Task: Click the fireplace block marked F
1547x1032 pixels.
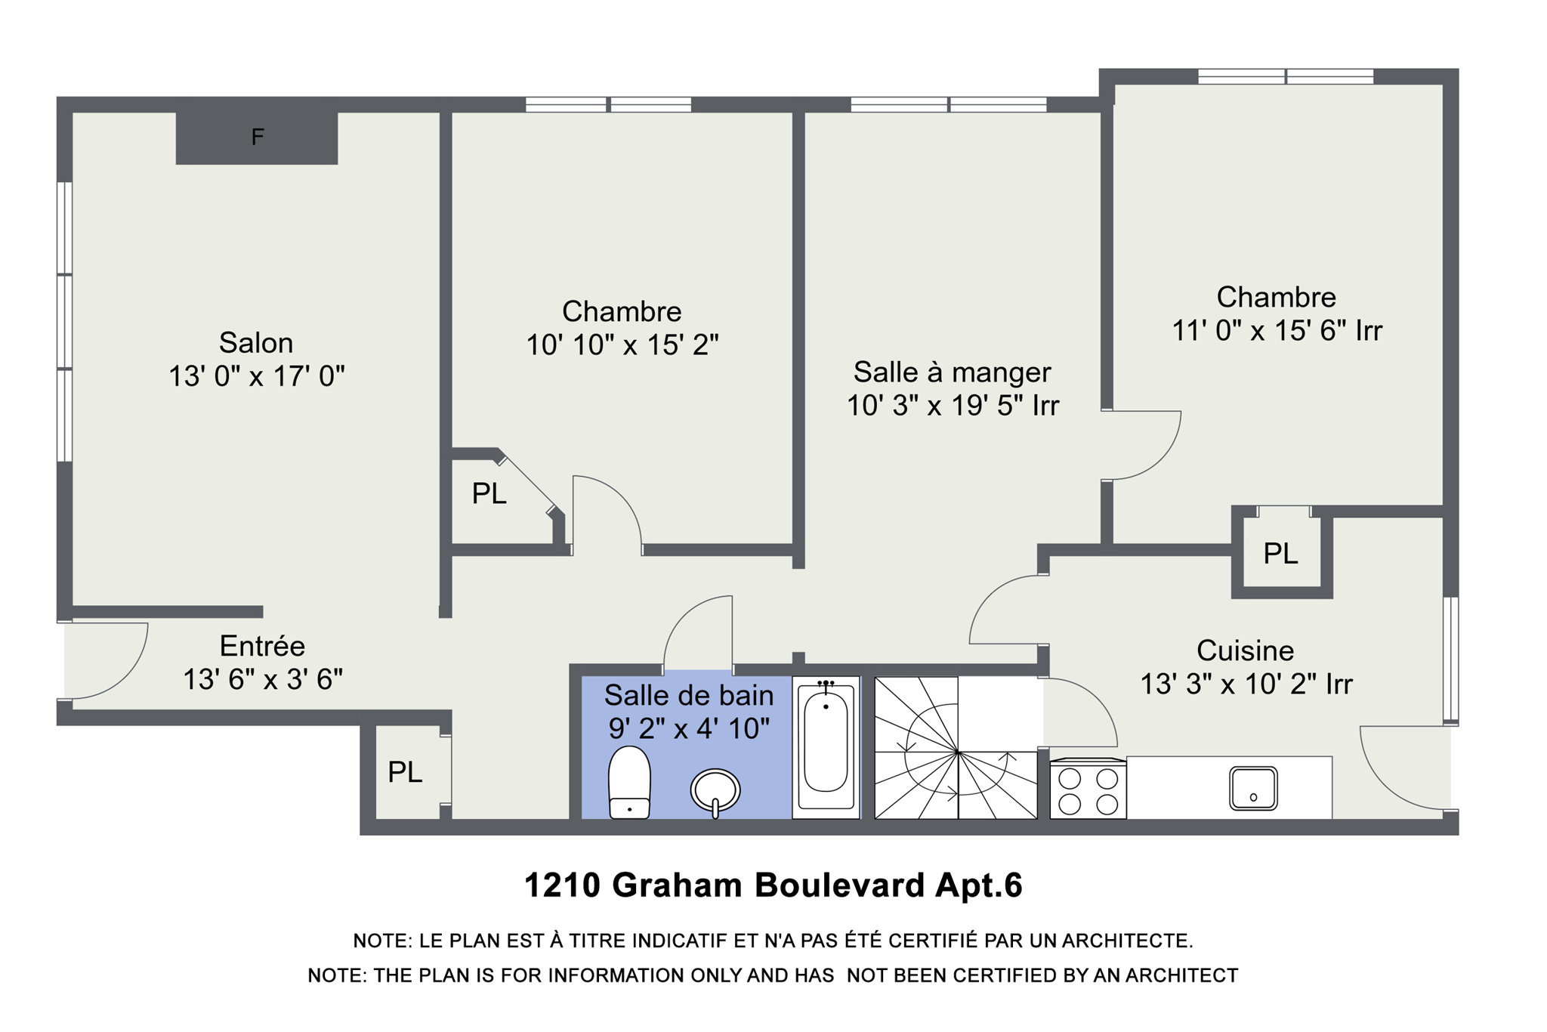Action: (257, 137)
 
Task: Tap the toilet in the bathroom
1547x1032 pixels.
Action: (629, 783)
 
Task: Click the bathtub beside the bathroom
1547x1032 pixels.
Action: (826, 747)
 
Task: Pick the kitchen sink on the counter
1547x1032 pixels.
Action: (1253, 789)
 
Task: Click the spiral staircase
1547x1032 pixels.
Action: (956, 749)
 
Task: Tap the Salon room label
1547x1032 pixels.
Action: (256, 343)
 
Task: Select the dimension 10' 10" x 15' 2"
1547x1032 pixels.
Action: (622, 346)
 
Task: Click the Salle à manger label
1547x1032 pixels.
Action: (952, 372)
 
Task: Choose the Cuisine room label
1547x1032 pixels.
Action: (1245, 650)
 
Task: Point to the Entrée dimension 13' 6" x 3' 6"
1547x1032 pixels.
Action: (263, 680)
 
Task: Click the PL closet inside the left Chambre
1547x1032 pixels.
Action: (489, 494)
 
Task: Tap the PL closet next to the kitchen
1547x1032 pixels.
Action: (1280, 554)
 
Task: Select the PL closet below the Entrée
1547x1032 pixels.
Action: (405, 773)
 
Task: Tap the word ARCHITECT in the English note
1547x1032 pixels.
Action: (1181, 976)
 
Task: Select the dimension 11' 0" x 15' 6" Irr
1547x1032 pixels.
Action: (1277, 331)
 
